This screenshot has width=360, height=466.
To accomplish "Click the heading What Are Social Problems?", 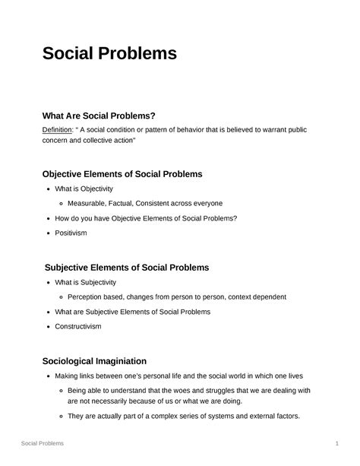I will (x=99, y=116).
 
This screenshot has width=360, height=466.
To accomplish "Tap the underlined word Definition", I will (x=58, y=130).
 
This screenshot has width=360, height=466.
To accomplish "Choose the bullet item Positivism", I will (x=71, y=233).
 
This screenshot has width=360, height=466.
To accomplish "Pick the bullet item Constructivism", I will (x=77, y=326).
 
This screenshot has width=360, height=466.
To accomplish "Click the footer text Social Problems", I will (x=43, y=442).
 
